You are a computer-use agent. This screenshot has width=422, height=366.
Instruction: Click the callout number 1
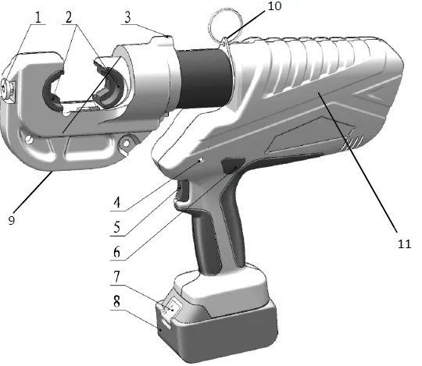click(x=38, y=17)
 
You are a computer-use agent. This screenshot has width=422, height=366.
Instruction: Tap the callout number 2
click(x=69, y=17)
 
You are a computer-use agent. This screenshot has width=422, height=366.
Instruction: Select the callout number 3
click(x=127, y=17)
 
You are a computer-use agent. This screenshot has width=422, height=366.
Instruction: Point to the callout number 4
click(x=117, y=203)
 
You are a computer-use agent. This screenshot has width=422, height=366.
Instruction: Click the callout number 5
click(x=116, y=227)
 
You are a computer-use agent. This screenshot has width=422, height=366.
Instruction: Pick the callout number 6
click(x=116, y=252)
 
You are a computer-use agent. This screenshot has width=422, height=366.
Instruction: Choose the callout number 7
click(x=116, y=276)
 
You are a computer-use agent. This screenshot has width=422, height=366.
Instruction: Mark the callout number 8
click(x=116, y=301)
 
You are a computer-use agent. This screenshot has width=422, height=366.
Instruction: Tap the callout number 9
click(x=11, y=220)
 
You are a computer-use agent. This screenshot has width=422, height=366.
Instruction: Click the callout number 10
click(x=274, y=5)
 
